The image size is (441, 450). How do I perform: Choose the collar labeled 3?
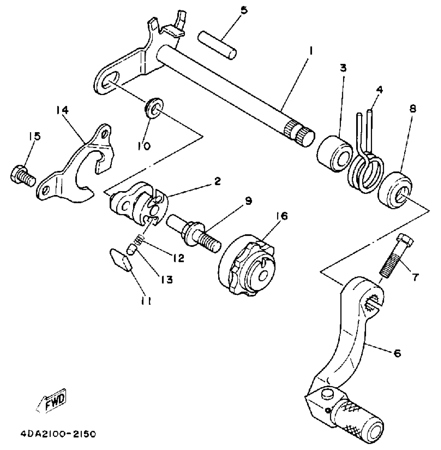coord(334,154)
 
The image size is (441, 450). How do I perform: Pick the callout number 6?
coord(397,353)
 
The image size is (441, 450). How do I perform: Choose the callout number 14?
coord(62,110)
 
